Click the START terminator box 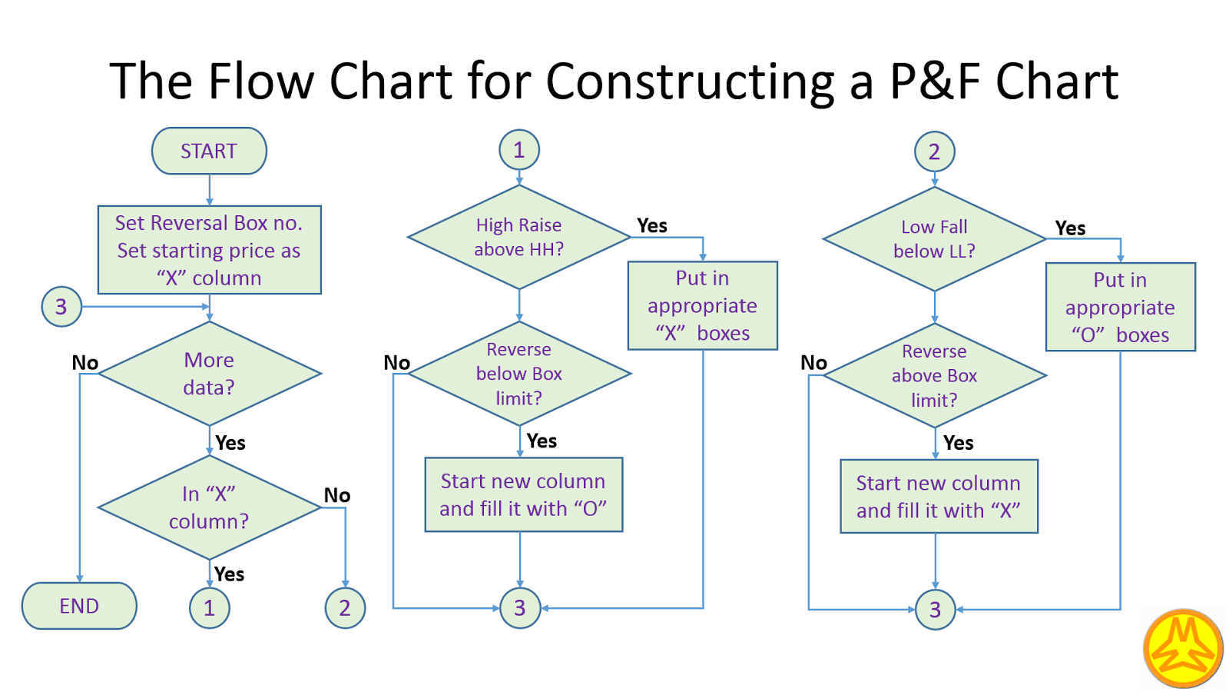coord(209,151)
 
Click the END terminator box coord(79,606)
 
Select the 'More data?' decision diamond coord(209,374)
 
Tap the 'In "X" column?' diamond coord(209,507)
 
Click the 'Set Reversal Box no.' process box coord(209,250)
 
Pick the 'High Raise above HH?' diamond coord(518,237)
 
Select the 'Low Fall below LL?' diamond coord(934,239)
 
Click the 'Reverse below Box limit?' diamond coord(519,374)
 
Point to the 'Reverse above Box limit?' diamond coord(934,375)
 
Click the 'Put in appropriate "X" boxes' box coord(702,305)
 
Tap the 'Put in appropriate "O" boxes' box coord(1120,307)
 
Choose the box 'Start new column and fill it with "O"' coord(523,494)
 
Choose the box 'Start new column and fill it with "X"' coord(939,496)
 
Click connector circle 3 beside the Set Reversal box coord(61,307)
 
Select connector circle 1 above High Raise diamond coord(519,150)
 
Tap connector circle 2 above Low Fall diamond coord(934,151)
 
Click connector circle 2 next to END coord(345,608)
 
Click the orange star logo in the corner coord(1183,647)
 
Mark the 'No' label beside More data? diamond coord(85,362)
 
